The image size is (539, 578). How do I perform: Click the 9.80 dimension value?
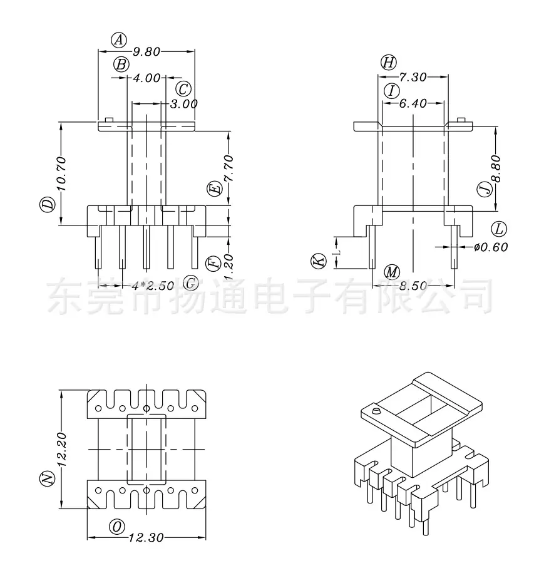click(x=146, y=51)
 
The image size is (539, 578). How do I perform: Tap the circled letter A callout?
click(x=119, y=40)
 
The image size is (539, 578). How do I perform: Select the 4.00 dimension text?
click(x=146, y=78)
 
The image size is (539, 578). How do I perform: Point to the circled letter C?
click(x=183, y=89)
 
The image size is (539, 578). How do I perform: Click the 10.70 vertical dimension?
click(x=61, y=173)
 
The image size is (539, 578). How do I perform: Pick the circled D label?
click(x=47, y=205)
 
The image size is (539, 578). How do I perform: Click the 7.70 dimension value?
click(x=228, y=168)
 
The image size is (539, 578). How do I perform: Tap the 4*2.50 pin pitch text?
click(x=153, y=286)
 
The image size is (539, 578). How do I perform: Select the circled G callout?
click(x=191, y=283)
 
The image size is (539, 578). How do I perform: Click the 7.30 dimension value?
click(x=413, y=77)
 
